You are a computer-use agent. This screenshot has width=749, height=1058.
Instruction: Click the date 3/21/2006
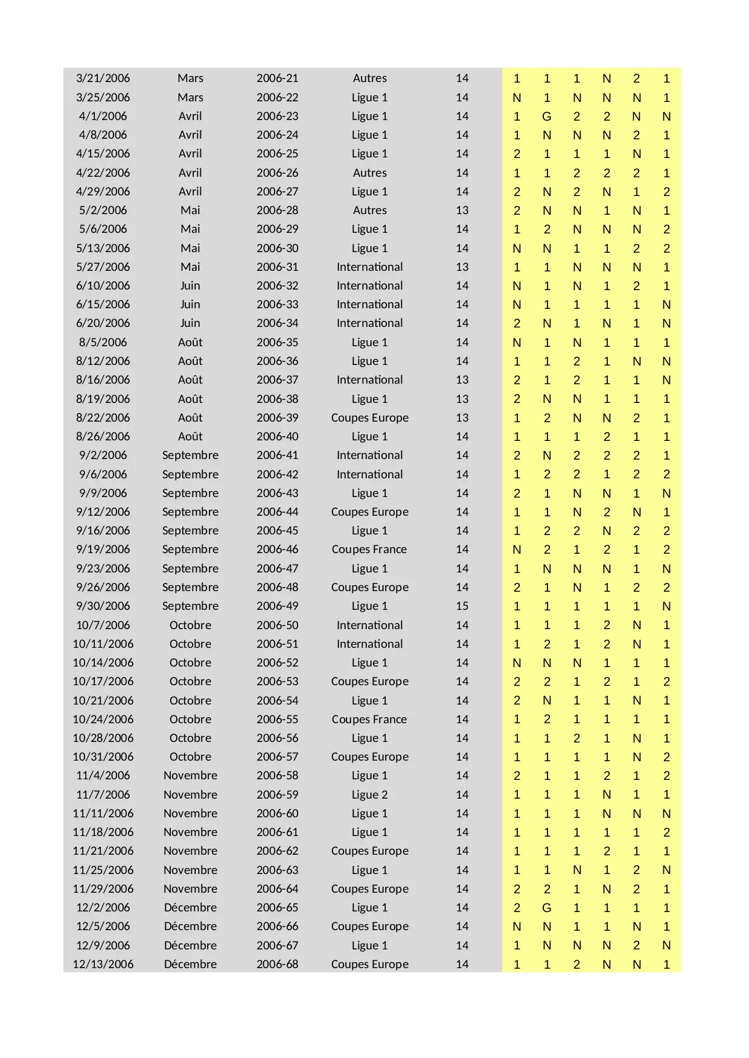pyautogui.click(x=103, y=78)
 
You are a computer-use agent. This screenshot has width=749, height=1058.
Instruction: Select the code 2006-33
pyautogui.click(x=277, y=305)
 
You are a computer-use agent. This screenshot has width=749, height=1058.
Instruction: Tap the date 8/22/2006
pyautogui.click(x=103, y=418)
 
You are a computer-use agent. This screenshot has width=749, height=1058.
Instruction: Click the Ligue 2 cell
pyautogui.click(x=369, y=795)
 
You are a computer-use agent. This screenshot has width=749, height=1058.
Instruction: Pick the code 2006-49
pyautogui.click(x=277, y=606)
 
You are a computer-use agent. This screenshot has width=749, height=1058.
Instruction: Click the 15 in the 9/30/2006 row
pyautogui.click(x=462, y=606)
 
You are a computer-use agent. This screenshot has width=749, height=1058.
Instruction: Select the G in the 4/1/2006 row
pyautogui.click(x=547, y=116)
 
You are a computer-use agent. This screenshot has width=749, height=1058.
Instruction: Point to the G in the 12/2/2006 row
pyautogui.click(x=547, y=908)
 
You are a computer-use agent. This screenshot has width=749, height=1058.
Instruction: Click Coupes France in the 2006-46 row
pyautogui.click(x=369, y=550)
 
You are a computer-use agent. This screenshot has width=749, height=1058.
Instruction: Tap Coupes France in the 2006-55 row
pyautogui.click(x=369, y=720)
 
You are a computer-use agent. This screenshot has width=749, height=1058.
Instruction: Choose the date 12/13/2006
pyautogui.click(x=103, y=965)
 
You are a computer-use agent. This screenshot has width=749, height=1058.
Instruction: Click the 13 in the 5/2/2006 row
pyautogui.click(x=462, y=211)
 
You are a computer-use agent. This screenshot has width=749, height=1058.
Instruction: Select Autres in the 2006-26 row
pyautogui.click(x=369, y=173)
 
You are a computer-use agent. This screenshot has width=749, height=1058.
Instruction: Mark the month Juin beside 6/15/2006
pyautogui.click(x=190, y=305)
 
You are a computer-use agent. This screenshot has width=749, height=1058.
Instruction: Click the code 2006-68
pyautogui.click(x=277, y=965)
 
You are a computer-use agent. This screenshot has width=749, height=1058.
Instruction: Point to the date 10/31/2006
pyautogui.click(x=103, y=757)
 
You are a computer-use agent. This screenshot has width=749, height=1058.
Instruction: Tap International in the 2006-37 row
pyautogui.click(x=369, y=380)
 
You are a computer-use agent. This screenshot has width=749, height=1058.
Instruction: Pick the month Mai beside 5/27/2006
pyautogui.click(x=190, y=267)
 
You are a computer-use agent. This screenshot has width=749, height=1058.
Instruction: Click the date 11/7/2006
pyautogui.click(x=103, y=795)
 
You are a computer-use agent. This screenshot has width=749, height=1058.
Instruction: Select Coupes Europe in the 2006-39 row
pyautogui.click(x=369, y=418)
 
